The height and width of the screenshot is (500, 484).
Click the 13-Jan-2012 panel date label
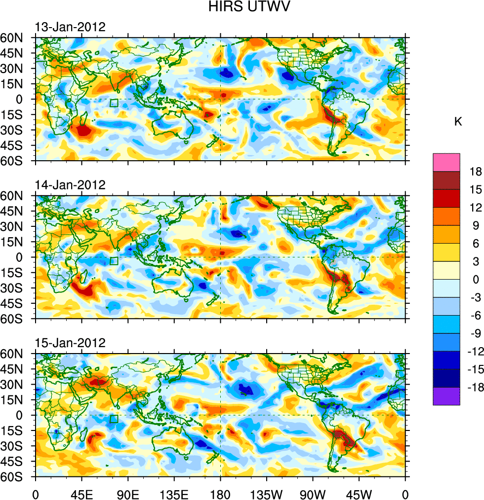tap(70, 27)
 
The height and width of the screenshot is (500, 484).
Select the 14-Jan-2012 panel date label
tap(70, 185)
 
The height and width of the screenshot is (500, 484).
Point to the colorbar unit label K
tap(458, 121)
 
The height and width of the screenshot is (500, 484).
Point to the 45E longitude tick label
tap(82, 493)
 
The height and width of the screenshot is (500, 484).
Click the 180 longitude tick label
tap(220, 493)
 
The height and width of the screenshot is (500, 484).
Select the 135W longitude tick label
tap(267, 493)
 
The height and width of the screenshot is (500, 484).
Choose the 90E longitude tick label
tap(128, 493)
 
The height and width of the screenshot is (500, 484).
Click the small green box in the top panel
tap(114, 103)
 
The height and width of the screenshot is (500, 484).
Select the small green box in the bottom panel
tap(114, 419)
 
